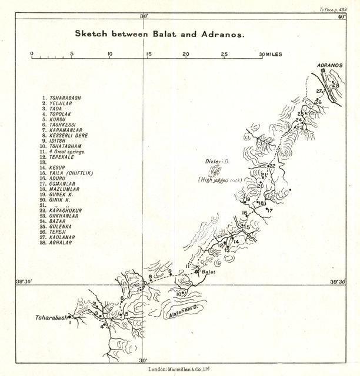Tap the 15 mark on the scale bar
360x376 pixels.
click(148, 55)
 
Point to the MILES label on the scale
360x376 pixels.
click(274, 55)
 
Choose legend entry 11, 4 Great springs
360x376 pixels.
click(71, 152)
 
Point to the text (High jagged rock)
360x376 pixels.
click(221, 180)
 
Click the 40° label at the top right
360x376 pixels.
click(342, 17)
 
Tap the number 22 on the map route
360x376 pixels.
click(273, 166)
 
